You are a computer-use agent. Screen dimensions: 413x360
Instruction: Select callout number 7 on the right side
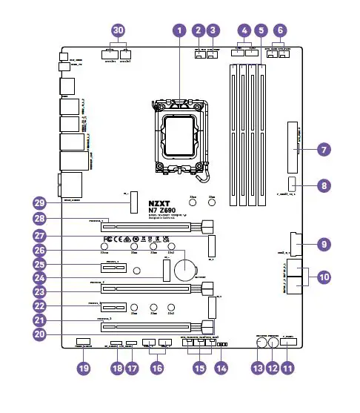click(323, 149)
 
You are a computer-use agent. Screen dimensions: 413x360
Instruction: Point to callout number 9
click(323, 242)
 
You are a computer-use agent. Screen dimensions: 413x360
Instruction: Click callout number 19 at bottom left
click(84, 367)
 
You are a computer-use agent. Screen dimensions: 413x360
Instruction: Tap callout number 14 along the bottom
click(221, 367)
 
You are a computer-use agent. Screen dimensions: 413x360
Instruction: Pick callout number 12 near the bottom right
click(274, 367)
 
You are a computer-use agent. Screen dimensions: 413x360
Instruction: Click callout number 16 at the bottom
click(156, 367)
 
